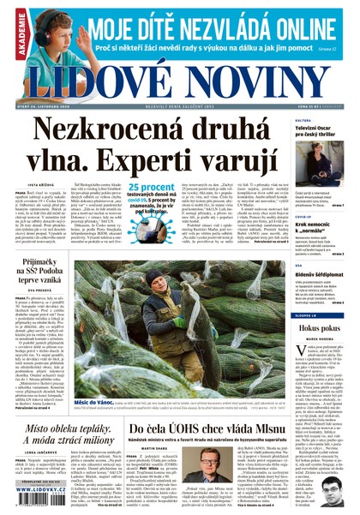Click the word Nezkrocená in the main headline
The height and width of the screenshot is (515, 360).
coord(102,129)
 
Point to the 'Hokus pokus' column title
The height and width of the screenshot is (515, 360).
coord(325,327)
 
